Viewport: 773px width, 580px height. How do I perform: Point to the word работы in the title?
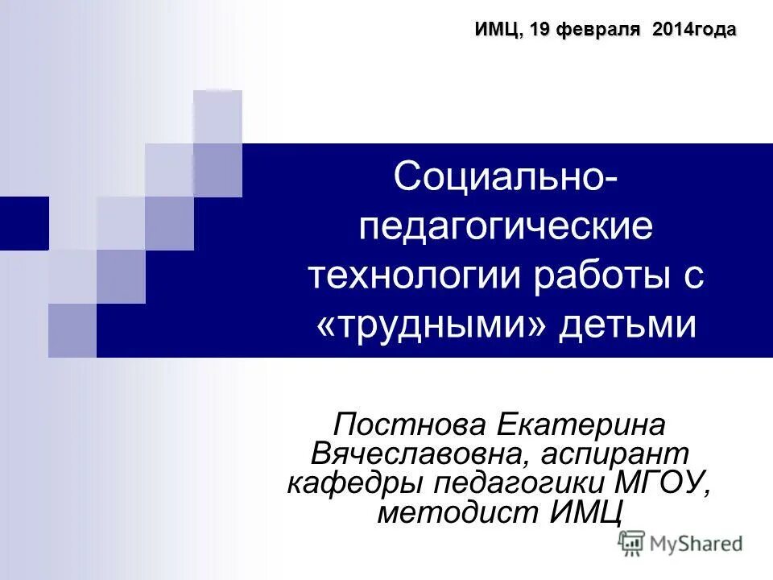(x=601, y=276)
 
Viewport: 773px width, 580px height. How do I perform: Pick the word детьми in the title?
(x=626, y=325)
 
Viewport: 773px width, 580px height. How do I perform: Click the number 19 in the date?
(x=540, y=30)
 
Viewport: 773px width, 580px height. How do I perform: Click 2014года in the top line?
(x=694, y=30)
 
